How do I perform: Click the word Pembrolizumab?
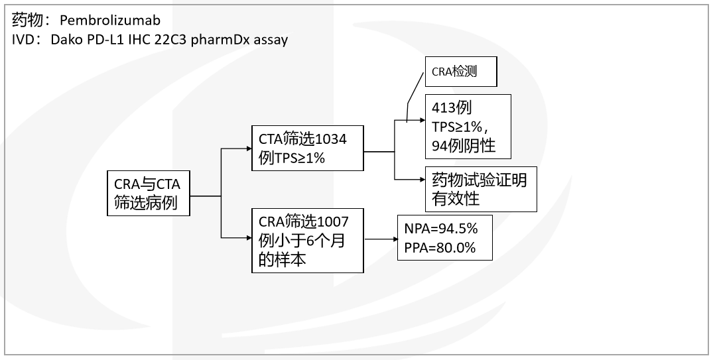coord(110,21)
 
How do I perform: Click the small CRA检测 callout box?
coord(460,72)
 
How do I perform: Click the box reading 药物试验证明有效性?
coord(481,188)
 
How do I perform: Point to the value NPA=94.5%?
coord(440,229)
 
